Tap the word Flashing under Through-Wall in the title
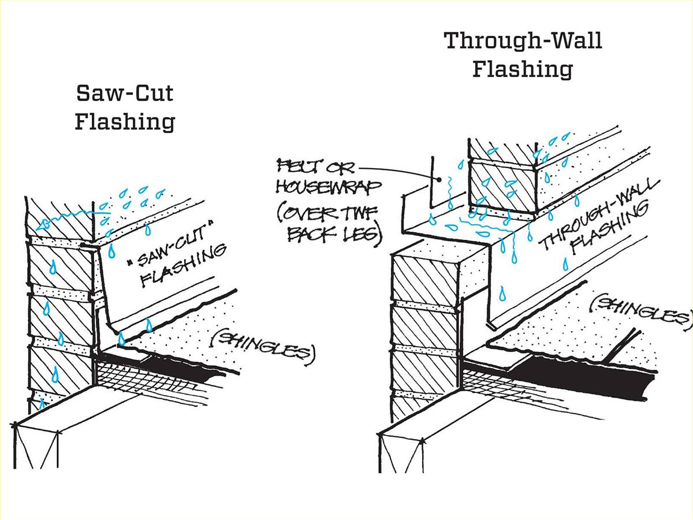(523, 69)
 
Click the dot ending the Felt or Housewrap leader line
(439, 180)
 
